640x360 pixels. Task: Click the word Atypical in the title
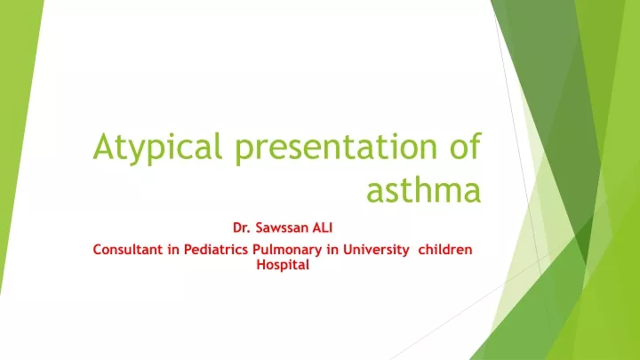[x=157, y=148]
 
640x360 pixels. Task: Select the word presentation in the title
[x=336, y=148]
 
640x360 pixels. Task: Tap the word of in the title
[x=466, y=145]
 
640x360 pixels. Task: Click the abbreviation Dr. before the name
[x=241, y=228]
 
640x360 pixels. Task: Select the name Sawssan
[x=282, y=228]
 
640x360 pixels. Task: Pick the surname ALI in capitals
[x=323, y=228]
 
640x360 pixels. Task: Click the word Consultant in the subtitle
[x=127, y=250]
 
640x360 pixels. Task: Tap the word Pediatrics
[x=216, y=250]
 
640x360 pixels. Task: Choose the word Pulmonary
[x=287, y=251]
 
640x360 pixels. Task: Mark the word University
[x=376, y=251]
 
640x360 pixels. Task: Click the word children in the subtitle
[x=445, y=250]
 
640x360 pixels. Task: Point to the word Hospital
[x=283, y=266]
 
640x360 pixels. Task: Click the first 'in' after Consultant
[x=173, y=250]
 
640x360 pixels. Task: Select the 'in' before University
[x=332, y=250]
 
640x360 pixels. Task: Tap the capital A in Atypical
[x=103, y=147]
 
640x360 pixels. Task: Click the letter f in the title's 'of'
[x=476, y=145]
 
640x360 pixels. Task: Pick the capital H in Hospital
[x=260, y=265]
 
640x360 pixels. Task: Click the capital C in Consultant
[x=98, y=250]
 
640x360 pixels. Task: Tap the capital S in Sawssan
[x=260, y=228]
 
